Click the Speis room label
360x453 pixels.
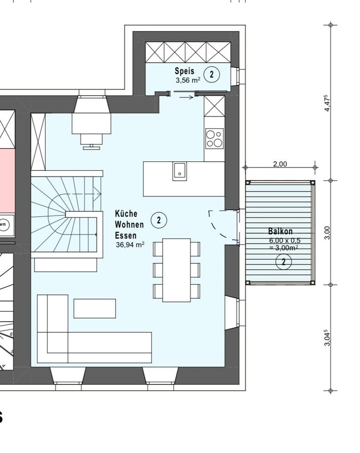(x=184, y=71)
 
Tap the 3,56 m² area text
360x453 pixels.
(x=188, y=80)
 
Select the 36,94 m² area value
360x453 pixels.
(x=130, y=245)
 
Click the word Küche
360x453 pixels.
(x=126, y=213)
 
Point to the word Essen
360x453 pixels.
(x=126, y=235)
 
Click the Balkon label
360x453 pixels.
(x=280, y=231)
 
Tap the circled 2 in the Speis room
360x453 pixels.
(x=212, y=74)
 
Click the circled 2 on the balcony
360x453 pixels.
(x=284, y=262)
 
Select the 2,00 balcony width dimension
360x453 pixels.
(x=280, y=164)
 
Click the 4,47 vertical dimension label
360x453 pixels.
(x=327, y=103)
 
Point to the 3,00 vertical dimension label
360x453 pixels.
(x=327, y=233)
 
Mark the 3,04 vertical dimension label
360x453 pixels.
(x=327, y=337)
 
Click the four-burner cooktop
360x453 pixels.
(x=214, y=139)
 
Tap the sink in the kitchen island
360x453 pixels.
(x=179, y=171)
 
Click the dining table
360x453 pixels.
(x=176, y=270)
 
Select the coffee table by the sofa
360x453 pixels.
(x=95, y=309)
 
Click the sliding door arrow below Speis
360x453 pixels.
(x=186, y=97)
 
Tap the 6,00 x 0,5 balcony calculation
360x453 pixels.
(x=285, y=240)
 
